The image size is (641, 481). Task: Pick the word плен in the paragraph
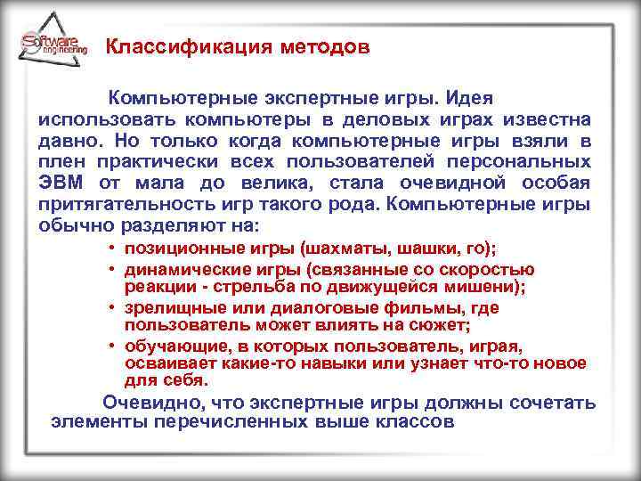[62, 161]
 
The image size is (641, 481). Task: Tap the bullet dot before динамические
[114, 270]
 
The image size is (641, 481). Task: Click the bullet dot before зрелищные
[114, 307]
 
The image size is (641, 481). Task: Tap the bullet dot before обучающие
[114, 345]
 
